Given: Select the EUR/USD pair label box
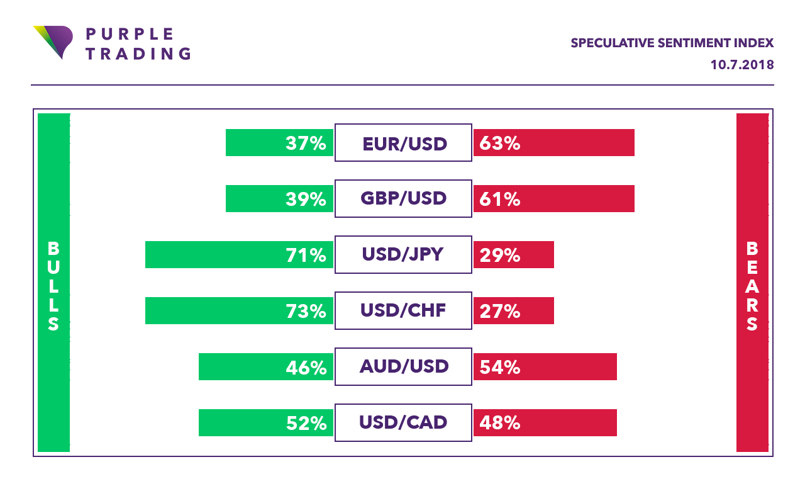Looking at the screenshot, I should tap(403, 143).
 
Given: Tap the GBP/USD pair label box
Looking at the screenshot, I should tap(403, 198).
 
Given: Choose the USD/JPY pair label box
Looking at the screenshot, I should tap(403, 254).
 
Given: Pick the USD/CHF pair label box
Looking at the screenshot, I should tap(403, 310).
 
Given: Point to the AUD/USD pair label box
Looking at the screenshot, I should tap(403, 366).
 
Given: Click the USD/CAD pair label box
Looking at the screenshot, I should tap(403, 422).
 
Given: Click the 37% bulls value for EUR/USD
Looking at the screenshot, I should tap(306, 144).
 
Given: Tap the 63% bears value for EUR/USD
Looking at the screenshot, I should tap(500, 144).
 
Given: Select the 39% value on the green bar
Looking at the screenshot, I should tap(306, 199).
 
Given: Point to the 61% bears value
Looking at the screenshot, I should tap(500, 199).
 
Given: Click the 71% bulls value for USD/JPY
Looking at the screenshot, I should tap(306, 255).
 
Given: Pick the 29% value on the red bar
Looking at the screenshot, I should tap(500, 255).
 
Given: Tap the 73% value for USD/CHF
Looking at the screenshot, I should tap(306, 311).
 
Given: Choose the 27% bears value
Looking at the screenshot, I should tap(500, 311).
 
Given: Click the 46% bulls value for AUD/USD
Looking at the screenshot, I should tap(306, 367).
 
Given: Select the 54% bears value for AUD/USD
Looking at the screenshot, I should tap(500, 367).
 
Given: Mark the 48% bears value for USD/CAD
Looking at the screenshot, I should tap(500, 423).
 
